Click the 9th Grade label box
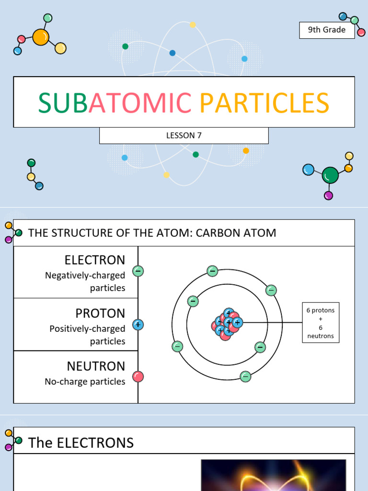pos(327,30)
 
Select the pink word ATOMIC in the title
pos(140,103)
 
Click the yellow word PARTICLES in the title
pos(264,103)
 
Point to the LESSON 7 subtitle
pos(184,135)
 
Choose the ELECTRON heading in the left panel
pos(95,260)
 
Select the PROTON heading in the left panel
pos(100,313)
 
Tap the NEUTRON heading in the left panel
pos(96,366)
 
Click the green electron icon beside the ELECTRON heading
pos(138,271)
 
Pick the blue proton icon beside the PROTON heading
pos(138,325)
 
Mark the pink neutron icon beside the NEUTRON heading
pos(138,376)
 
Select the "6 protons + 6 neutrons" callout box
pos(320,323)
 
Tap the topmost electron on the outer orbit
pos(212,271)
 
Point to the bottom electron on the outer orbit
pos(245,376)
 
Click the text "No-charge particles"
pos(85,382)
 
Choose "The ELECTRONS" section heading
pos(81,443)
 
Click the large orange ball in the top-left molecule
pos(41,37)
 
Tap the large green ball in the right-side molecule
pos(330,175)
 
